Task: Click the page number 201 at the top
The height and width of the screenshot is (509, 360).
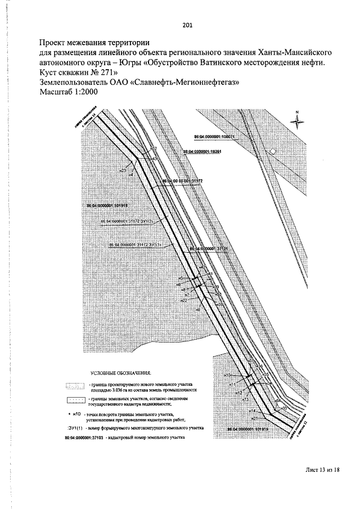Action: (188, 24)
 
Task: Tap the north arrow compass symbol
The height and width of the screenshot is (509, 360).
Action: (296, 120)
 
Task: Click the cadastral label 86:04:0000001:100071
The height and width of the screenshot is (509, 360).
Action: (214, 137)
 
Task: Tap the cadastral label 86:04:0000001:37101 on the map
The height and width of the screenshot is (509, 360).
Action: (208, 249)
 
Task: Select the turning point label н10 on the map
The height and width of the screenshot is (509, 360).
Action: (227, 375)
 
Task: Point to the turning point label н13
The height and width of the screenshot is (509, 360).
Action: (245, 399)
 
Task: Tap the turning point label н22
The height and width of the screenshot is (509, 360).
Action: (183, 301)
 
